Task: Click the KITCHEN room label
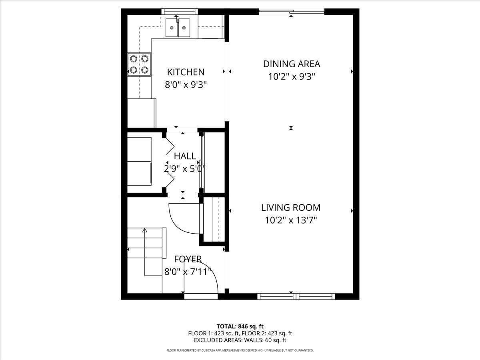pyautogui.click(x=186, y=72)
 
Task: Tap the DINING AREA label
pyautogui.click(x=292, y=64)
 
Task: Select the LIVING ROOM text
pyautogui.click(x=291, y=208)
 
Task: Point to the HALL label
pyautogui.click(x=185, y=156)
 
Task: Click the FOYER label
pyautogui.click(x=188, y=259)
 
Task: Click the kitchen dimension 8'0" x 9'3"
pyautogui.click(x=186, y=84)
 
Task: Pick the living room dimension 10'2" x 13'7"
pyautogui.click(x=291, y=220)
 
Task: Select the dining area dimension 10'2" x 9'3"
pyautogui.click(x=292, y=76)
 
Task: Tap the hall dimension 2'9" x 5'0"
pyautogui.click(x=185, y=168)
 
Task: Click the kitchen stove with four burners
pyautogui.click(x=139, y=64)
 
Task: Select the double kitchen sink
pyautogui.click(x=178, y=28)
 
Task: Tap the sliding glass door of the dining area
pyautogui.click(x=292, y=12)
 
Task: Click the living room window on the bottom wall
pyautogui.click(x=296, y=296)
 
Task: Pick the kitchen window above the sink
pyautogui.click(x=180, y=12)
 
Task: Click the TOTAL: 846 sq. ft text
pyautogui.click(x=240, y=326)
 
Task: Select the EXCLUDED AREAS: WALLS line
pyautogui.click(x=240, y=340)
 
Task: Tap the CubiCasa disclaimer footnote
pyautogui.click(x=240, y=350)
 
